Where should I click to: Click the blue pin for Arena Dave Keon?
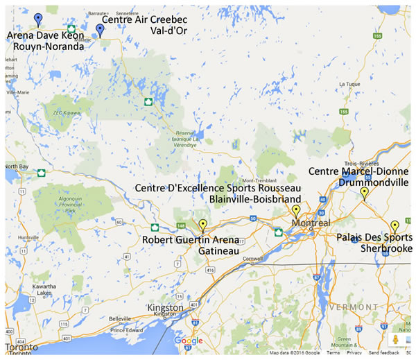pyautogui.click(x=38, y=19)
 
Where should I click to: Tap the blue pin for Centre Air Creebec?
pyautogui.click(x=100, y=29)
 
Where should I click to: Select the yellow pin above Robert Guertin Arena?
pyautogui.click(x=202, y=225)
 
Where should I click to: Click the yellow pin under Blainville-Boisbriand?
pyautogui.click(x=296, y=210)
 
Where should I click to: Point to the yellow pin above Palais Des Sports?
pyautogui.click(x=395, y=225)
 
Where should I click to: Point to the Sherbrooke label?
pyautogui.click(x=385, y=248)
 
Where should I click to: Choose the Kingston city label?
pyautogui.click(x=166, y=307)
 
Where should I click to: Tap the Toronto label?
pyautogui.click(x=20, y=346)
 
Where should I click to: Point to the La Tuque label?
pyautogui.click(x=348, y=84)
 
